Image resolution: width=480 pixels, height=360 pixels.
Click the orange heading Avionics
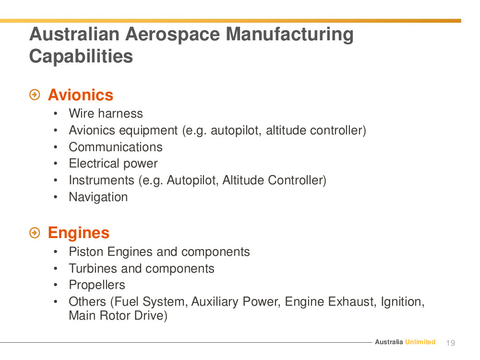[81, 95]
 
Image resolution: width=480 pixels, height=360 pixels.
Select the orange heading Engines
[79, 233]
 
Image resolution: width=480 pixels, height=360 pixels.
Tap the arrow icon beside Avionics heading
[35, 95]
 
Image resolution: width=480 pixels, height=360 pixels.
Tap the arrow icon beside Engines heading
[35, 233]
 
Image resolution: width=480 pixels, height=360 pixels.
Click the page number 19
[451, 343]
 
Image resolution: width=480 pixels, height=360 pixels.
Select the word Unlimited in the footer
[420, 342]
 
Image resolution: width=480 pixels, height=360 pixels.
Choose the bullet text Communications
[116, 147]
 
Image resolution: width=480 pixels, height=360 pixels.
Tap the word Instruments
[102, 180]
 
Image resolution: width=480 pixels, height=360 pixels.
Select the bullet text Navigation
[98, 197]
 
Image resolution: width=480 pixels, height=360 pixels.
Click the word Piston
[86, 252]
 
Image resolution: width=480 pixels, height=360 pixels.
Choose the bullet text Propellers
[97, 285]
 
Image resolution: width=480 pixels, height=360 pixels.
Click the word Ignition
[403, 302]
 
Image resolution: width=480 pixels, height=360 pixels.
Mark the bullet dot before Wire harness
[55, 114]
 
